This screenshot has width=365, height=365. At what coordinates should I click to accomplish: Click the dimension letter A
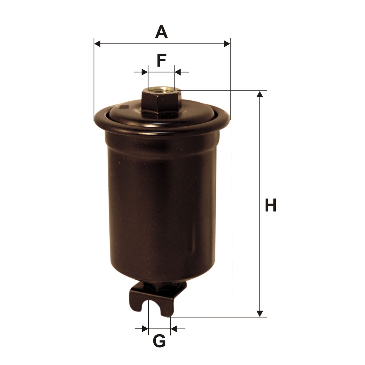click(161, 32)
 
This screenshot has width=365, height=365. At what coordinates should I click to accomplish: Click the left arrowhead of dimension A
click(97, 44)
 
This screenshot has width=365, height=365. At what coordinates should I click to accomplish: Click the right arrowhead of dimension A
click(227, 44)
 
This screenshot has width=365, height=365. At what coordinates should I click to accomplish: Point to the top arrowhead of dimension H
click(260, 94)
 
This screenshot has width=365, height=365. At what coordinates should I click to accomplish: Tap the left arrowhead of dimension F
click(145, 72)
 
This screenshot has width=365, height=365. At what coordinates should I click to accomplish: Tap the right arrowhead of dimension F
click(177, 72)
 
